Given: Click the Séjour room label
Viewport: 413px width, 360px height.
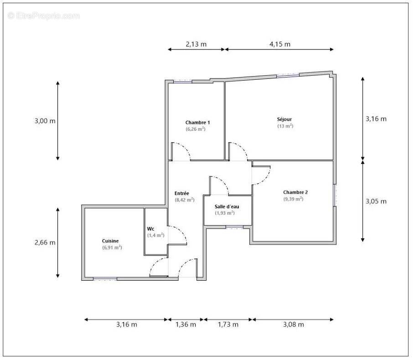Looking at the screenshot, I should click(x=285, y=119).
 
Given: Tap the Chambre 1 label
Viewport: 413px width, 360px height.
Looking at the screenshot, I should click(x=197, y=123).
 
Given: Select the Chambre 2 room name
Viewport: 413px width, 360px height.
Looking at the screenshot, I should click(x=295, y=192).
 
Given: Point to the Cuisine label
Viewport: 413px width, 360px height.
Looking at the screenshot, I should click(x=111, y=241).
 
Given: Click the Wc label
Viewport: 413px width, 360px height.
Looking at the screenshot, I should click(x=150, y=229).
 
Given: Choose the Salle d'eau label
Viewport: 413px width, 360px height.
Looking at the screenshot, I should click(x=227, y=206).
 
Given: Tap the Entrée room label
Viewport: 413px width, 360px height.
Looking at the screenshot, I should click(x=182, y=193).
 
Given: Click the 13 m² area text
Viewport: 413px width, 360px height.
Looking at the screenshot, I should click(x=285, y=126).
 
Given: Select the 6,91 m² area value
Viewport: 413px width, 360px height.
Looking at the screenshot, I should click(x=112, y=247).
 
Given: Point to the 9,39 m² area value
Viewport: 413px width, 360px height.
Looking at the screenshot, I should click(x=294, y=199).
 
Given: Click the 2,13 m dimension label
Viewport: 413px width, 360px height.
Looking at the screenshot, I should click(x=196, y=44).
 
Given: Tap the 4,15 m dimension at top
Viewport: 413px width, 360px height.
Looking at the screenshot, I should click(x=279, y=44).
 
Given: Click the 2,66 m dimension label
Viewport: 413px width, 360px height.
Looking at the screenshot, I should click(x=45, y=242).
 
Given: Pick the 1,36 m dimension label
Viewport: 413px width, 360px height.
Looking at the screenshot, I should click(x=186, y=324).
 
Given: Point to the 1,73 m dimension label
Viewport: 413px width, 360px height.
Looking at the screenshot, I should click(x=228, y=324).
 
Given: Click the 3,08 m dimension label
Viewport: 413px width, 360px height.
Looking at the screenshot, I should click(x=293, y=324).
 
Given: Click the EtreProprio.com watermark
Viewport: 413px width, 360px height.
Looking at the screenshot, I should click(x=44, y=16).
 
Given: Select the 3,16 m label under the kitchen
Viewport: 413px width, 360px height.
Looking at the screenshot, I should click(x=126, y=324).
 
